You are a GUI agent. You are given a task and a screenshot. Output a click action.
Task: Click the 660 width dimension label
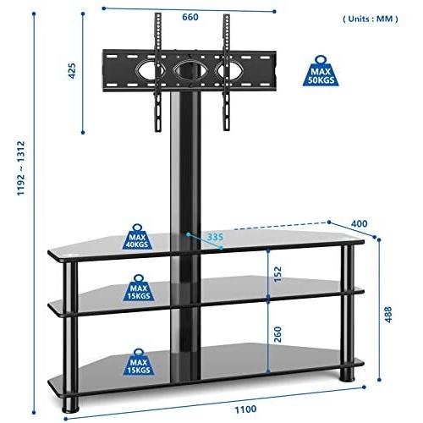click(x=190, y=17)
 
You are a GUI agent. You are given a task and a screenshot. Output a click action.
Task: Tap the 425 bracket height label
click(x=72, y=71)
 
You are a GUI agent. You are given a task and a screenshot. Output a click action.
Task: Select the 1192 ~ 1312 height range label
click(x=21, y=168)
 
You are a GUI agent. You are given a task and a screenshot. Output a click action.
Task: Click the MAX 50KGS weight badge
click(x=321, y=71)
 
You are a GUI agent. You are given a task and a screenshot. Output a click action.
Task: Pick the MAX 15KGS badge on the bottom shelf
click(x=139, y=362)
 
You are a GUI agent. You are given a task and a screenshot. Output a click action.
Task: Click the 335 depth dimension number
click(x=215, y=237)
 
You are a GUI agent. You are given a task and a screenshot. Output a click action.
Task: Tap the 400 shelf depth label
click(x=359, y=223)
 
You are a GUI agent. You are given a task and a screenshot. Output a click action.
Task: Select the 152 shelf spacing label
click(x=277, y=274)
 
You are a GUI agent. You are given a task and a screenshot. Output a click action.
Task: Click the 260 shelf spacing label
click(x=277, y=334)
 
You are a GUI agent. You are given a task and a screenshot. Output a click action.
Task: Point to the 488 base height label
click(x=388, y=315)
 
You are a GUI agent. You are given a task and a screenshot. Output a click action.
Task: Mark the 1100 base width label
click(x=245, y=409)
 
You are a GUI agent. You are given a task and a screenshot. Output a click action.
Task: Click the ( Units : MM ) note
click(x=371, y=19)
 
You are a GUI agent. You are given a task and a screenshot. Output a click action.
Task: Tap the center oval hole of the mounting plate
click(x=189, y=69)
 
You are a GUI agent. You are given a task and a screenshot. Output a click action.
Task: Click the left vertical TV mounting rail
click(x=158, y=73)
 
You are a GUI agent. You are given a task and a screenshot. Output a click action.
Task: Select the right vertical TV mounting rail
click(x=227, y=73)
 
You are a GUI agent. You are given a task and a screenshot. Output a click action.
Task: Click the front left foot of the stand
click(x=70, y=404)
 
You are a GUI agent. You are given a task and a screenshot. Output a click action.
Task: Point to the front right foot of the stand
click(x=347, y=374)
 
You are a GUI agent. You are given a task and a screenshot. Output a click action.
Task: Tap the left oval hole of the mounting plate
click(x=146, y=69)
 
